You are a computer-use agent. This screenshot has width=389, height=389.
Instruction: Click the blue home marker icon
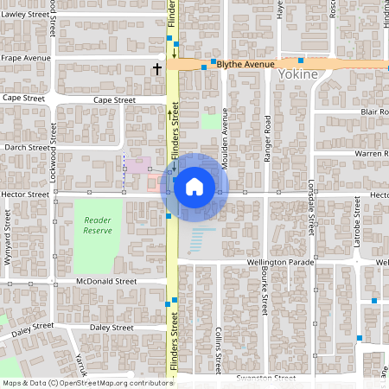click(194, 186)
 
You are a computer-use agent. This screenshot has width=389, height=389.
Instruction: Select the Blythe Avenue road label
click(246, 64)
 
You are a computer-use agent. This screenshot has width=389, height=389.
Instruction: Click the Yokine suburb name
click(298, 75)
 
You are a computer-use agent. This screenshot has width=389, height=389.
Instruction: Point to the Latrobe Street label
click(356, 222)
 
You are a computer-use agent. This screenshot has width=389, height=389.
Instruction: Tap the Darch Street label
click(26, 147)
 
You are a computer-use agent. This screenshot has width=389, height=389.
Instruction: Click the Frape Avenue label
click(26, 58)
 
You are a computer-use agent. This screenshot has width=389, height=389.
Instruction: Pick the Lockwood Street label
click(53, 156)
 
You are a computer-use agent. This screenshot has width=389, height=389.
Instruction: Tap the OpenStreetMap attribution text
click(86, 383)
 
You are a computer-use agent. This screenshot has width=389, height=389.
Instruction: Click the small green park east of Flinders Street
click(210, 122)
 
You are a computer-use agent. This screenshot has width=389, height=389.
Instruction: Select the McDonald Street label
click(106, 281)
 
